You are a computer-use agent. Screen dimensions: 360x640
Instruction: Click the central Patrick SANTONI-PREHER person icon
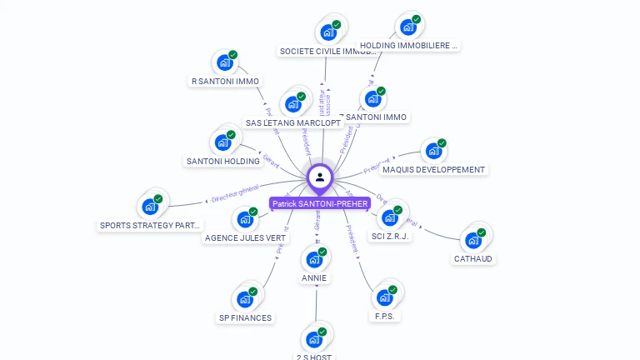click(x=320, y=177)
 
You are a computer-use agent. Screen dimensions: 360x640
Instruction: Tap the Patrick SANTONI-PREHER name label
click(x=320, y=203)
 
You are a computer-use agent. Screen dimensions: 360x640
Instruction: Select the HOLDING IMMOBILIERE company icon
click(x=407, y=27)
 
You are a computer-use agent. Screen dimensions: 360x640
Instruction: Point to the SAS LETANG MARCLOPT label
click(x=293, y=122)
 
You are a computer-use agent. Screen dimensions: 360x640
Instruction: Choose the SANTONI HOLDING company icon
click(x=223, y=142)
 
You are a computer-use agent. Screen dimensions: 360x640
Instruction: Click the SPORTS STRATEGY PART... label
click(x=151, y=225)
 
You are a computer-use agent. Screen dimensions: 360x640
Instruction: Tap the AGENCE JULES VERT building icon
click(x=246, y=219)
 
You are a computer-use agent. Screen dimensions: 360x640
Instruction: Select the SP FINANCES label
click(x=245, y=317)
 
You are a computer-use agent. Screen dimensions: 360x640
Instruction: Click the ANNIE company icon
click(x=314, y=259)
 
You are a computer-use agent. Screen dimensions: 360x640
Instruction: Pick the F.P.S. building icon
click(x=384, y=297)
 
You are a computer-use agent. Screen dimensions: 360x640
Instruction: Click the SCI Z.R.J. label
click(x=391, y=236)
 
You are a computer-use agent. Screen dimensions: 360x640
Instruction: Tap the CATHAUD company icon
click(x=473, y=240)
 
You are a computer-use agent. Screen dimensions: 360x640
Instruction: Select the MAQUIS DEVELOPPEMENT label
click(x=433, y=170)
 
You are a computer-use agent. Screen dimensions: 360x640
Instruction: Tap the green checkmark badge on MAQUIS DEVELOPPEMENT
click(x=442, y=143)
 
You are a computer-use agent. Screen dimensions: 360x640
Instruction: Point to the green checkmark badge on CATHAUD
click(x=482, y=232)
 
